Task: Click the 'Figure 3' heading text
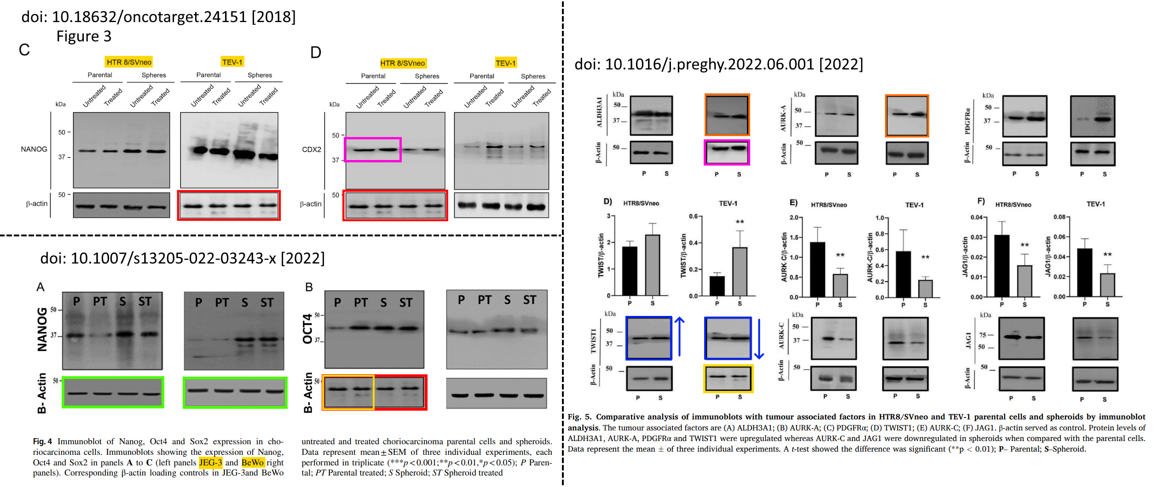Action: (84, 36)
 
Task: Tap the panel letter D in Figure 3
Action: (316, 52)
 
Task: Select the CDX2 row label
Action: (312, 149)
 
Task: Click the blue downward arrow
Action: (759, 338)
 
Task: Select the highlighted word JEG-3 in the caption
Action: (210, 463)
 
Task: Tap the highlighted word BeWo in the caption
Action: (253, 463)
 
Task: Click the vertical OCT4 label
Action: (307, 329)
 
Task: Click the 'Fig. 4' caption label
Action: (42, 441)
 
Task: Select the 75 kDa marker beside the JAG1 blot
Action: (982, 335)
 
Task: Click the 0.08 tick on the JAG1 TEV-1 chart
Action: (1059, 217)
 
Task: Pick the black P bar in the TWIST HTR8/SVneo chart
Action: (630, 271)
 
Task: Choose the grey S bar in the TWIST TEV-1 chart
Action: (740, 271)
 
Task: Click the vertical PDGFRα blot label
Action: (967, 117)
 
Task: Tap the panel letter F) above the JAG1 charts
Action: (981, 201)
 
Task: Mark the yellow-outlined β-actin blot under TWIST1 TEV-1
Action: (728, 378)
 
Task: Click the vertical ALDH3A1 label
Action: (599, 112)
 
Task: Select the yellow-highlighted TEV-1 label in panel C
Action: (232, 62)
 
